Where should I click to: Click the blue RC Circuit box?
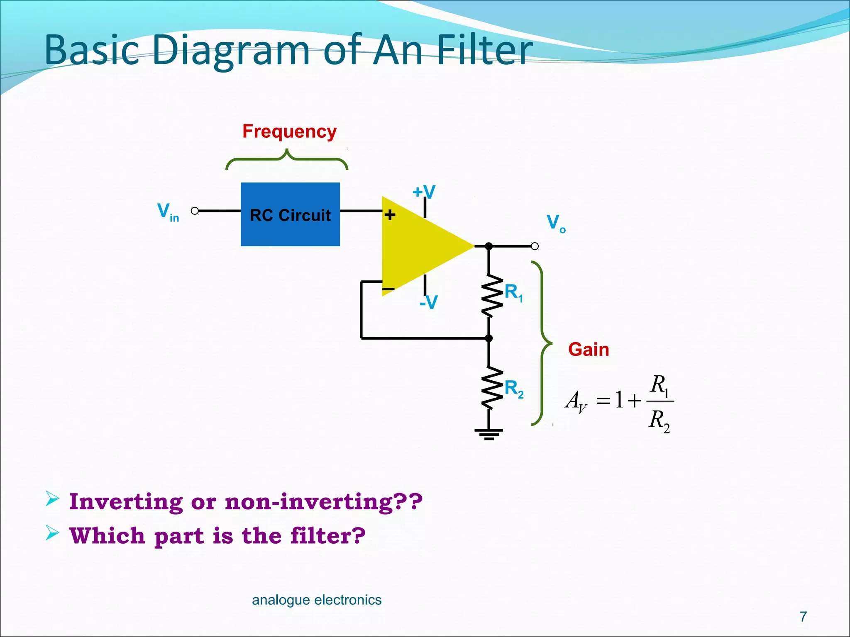click(x=290, y=214)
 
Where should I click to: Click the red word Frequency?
click(x=289, y=131)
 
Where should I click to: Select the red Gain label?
click(x=588, y=350)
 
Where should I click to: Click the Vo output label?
click(x=556, y=224)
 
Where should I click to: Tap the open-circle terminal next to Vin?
click(x=195, y=211)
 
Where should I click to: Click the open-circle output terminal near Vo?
click(x=535, y=246)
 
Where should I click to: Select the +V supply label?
click(x=424, y=192)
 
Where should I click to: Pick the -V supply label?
click(x=428, y=302)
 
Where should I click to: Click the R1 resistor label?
click(x=513, y=292)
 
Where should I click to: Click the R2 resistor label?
click(x=514, y=389)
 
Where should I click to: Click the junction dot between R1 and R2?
click(x=489, y=338)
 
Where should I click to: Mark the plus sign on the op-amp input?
click(x=390, y=215)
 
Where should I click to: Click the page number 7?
click(x=803, y=617)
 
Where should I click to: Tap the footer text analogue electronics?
click(x=317, y=600)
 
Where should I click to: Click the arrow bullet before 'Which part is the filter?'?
click(x=52, y=532)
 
